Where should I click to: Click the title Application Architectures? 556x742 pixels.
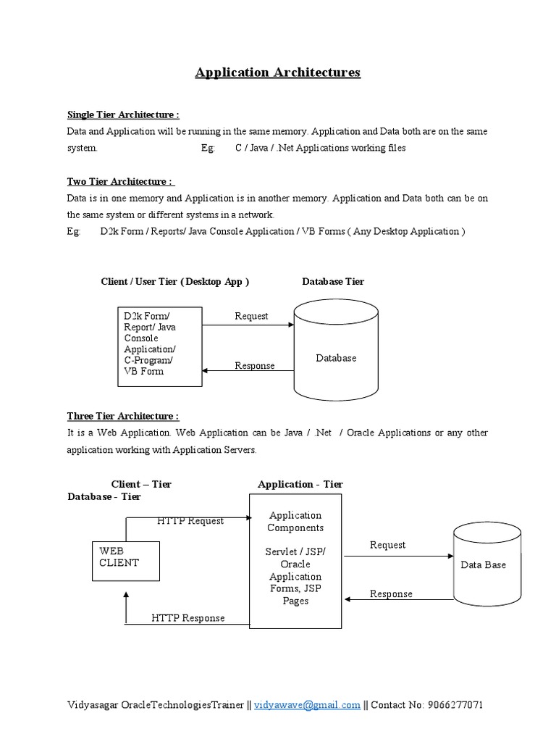point(277,72)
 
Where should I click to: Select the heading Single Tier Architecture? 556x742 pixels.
point(123,114)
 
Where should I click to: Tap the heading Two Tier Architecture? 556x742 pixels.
point(121,182)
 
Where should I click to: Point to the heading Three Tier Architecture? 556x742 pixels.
point(123,416)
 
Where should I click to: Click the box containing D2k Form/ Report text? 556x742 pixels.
point(160,346)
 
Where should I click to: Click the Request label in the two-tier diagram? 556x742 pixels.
point(251,316)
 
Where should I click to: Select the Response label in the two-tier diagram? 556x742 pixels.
point(254,366)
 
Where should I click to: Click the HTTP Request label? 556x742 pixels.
point(190,520)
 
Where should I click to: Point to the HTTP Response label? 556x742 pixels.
point(188,618)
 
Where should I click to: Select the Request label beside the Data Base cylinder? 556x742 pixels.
point(387,545)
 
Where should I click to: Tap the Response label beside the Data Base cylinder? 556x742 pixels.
point(391,594)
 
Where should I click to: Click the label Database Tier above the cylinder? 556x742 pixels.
point(333,281)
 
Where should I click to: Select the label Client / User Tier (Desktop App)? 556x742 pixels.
point(174,281)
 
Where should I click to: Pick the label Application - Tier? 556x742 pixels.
point(300,484)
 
